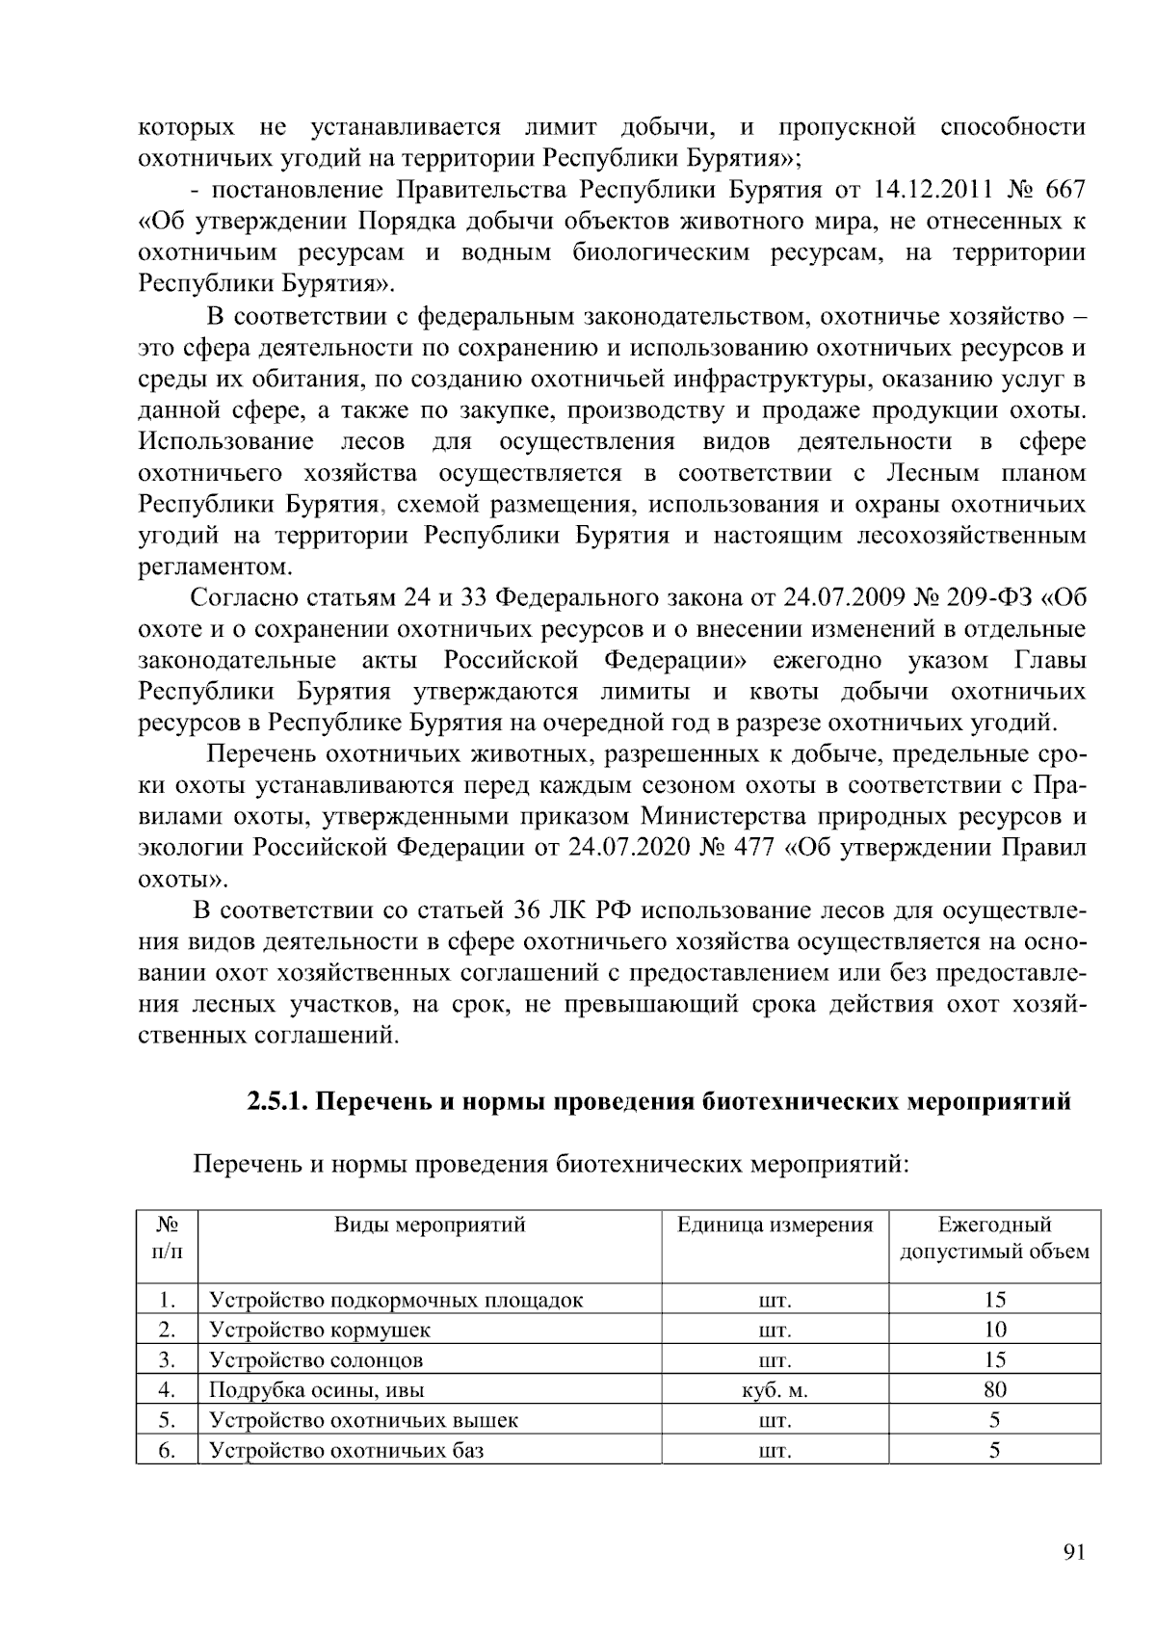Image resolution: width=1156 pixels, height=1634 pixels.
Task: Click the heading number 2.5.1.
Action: (276, 1101)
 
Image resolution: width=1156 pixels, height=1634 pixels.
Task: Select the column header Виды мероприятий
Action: (430, 1225)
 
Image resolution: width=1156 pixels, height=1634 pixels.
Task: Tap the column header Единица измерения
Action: (775, 1225)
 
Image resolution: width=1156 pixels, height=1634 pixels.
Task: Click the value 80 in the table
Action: (995, 1390)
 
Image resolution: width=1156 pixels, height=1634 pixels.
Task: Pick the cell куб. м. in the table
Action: (775, 1390)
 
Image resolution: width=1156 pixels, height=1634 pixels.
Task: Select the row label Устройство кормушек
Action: (320, 1331)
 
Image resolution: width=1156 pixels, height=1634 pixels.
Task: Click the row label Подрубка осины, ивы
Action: (317, 1390)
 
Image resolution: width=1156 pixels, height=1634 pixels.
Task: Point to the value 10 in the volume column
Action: (995, 1331)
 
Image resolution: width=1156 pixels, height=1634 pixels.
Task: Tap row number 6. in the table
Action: (167, 1450)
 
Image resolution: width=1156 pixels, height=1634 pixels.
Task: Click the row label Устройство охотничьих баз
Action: (347, 1450)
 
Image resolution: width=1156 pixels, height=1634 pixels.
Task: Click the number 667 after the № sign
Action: (1064, 190)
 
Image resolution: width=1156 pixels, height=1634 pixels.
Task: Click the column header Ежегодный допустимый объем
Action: (995, 1239)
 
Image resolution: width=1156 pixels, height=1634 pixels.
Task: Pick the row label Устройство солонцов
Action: (316, 1360)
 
